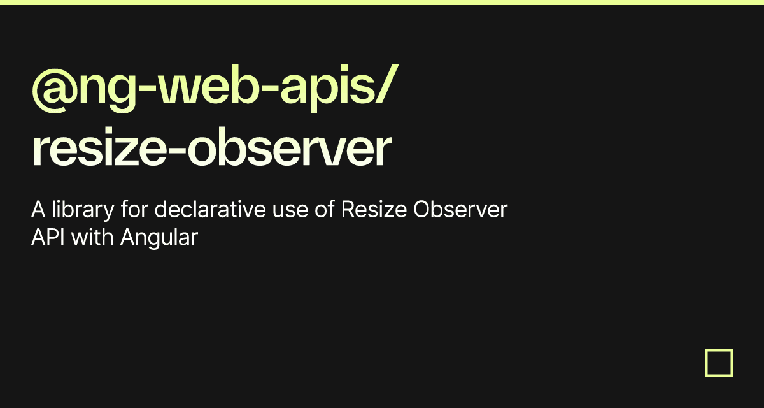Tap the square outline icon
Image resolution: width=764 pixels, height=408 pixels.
[719, 363]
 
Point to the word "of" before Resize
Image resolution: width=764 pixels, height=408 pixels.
[325, 210]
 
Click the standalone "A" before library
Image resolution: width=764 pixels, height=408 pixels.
[38, 210]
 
